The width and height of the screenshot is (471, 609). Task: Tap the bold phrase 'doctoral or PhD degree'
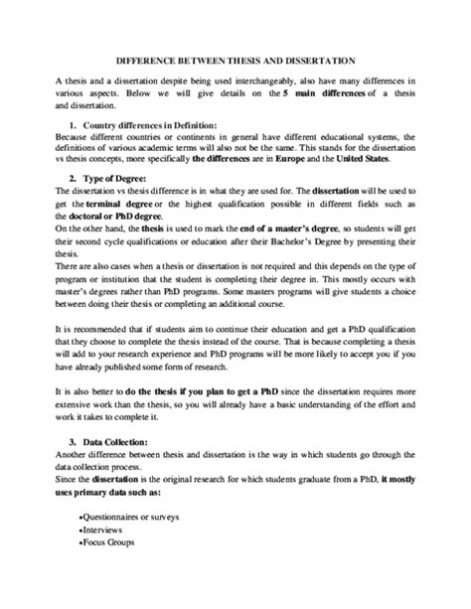119,217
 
